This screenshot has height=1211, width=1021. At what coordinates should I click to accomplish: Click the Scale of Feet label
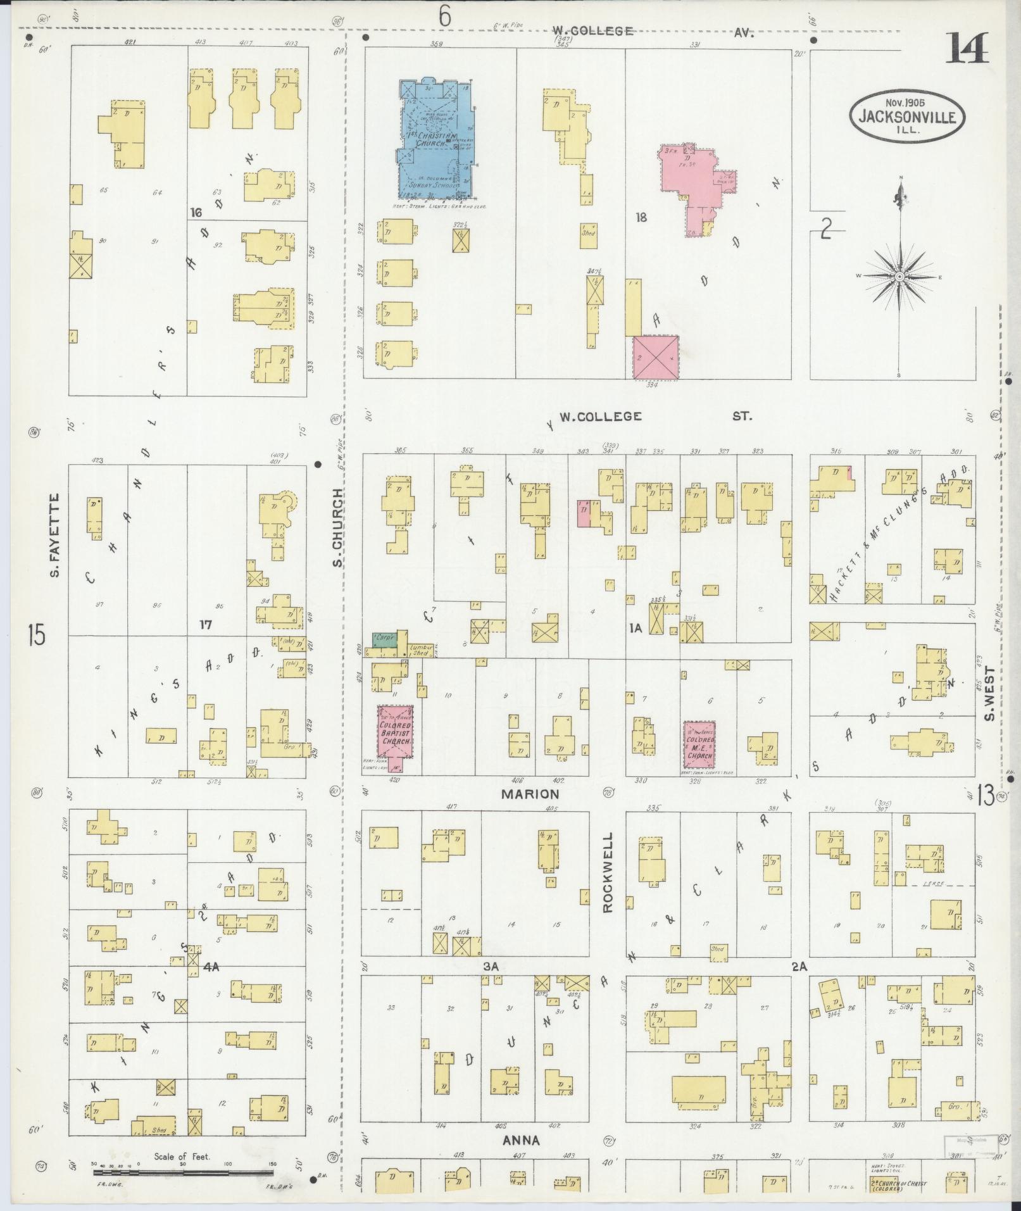tap(182, 1157)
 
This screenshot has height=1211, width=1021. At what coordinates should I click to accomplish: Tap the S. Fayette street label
tap(55, 536)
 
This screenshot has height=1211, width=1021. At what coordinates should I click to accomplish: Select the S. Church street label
tap(337, 527)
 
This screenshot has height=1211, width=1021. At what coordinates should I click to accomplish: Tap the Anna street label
tap(521, 1140)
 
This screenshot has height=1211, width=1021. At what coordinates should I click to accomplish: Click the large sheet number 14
tap(967, 49)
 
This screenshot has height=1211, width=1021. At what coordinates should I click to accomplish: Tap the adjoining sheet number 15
tap(37, 634)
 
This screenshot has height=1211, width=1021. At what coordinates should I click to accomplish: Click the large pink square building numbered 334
tap(656, 357)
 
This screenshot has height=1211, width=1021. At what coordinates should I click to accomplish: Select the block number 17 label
tap(204, 625)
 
